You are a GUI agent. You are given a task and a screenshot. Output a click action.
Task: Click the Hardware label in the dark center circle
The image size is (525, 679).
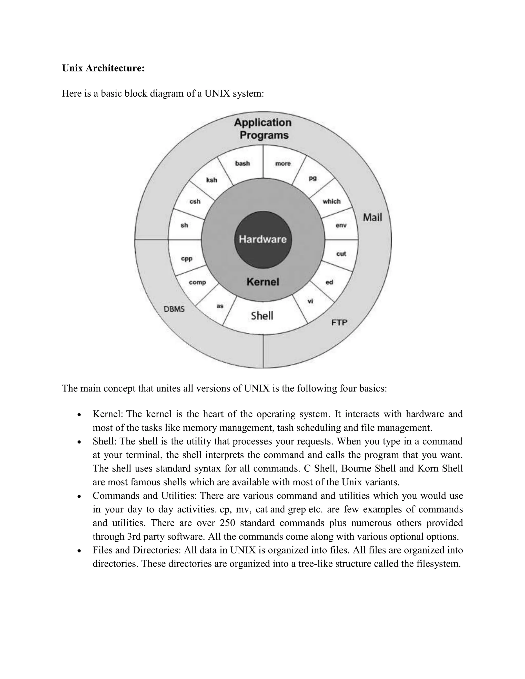click(262, 239)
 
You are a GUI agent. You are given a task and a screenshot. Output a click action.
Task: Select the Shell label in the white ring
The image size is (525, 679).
click(262, 316)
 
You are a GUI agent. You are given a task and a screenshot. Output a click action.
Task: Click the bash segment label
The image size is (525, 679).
click(242, 163)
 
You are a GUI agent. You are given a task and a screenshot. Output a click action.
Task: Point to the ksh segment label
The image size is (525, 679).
click(211, 180)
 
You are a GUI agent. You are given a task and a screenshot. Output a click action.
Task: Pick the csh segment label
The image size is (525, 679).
click(195, 201)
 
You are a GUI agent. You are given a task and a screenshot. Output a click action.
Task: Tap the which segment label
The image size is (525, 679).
click(331, 201)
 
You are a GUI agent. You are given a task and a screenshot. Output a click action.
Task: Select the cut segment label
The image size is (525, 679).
click(341, 254)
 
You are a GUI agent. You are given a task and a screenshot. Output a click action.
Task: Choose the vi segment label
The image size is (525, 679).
click(310, 301)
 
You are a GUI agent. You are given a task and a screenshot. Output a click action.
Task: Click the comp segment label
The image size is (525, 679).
click(197, 282)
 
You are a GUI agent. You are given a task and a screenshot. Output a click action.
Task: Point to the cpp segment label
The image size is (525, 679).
click(187, 259)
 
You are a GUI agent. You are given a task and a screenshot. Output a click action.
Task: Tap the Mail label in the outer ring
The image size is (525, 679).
click(372, 217)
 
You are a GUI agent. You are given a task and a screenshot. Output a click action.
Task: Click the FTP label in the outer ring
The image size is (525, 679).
click(339, 323)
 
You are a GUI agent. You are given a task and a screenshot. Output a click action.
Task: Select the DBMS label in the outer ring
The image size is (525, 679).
click(174, 309)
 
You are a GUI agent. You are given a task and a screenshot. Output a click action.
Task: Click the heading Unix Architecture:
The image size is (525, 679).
click(103, 68)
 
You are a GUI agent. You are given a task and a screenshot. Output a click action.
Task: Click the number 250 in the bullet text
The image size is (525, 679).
click(228, 523)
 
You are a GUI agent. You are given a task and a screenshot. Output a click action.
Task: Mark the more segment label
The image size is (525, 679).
click(283, 163)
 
